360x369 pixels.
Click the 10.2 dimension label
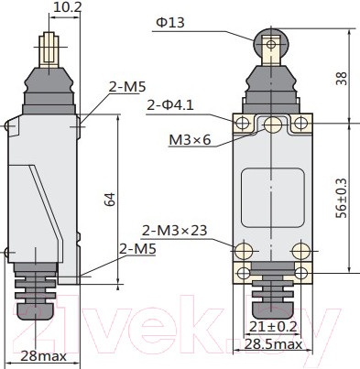tap(68, 7)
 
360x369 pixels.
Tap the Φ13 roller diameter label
tap(170, 23)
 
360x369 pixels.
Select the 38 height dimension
tap(342, 79)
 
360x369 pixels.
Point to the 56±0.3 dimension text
tap(342, 198)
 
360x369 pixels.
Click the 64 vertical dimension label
tap(111, 200)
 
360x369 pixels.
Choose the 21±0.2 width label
tap(273, 327)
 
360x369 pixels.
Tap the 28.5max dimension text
tap(273, 344)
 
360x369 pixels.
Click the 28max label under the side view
tap(44, 355)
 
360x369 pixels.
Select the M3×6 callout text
tap(190, 140)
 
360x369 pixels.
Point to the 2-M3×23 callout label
tap(175, 231)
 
